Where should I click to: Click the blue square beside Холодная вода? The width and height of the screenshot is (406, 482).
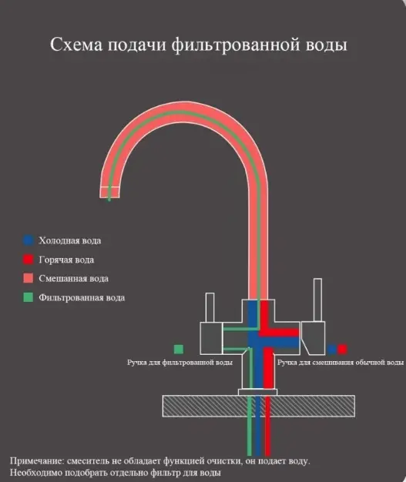(28, 240)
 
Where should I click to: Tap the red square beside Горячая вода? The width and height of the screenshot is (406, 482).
(28, 259)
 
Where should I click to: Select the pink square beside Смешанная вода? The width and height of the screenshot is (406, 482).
(28, 279)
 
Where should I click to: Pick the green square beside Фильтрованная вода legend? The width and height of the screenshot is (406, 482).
(28, 297)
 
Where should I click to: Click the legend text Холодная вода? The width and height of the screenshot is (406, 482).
(70, 240)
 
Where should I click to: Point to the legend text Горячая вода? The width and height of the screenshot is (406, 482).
(66, 259)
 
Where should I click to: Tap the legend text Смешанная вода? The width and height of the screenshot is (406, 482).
(73, 279)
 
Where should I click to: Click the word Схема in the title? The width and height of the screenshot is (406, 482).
(76, 45)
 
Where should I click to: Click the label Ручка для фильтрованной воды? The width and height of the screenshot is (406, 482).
(180, 363)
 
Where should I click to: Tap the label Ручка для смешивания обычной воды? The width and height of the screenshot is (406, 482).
(341, 363)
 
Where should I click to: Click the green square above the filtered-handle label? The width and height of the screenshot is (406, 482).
(179, 350)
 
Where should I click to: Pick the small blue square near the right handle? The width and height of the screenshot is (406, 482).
(331, 350)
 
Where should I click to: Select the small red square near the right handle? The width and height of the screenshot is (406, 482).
(342, 350)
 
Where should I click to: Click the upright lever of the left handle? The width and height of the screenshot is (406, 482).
(210, 307)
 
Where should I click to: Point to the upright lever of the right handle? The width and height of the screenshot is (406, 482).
(317, 300)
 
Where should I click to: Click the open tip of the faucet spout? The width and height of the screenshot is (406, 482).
(109, 197)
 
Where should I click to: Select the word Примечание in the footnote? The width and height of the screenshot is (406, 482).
(37, 461)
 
